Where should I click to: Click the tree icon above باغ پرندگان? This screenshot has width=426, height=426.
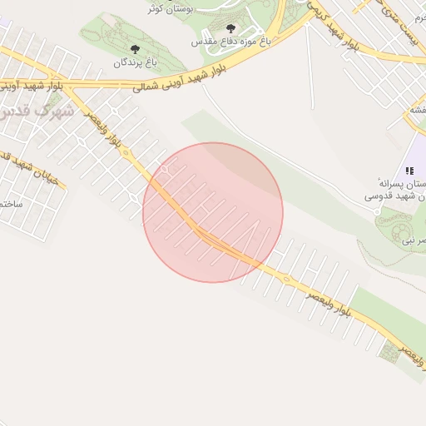[136, 50]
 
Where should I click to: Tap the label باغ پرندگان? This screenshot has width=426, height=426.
[135, 62]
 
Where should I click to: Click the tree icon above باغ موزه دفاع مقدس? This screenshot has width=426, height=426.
[230, 29]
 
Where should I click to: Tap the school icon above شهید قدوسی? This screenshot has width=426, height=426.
[409, 171]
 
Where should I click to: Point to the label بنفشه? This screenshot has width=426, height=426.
[416, 110]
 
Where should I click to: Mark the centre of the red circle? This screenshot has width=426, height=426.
[213, 212]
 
